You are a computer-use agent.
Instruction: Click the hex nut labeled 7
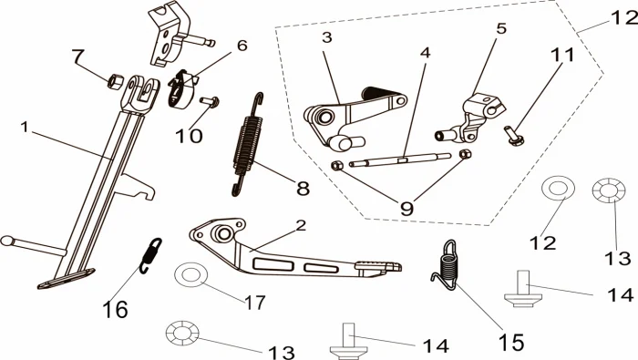click(x=115, y=81)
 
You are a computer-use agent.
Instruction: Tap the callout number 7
click(x=77, y=55)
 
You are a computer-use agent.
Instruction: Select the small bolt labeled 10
click(x=210, y=101)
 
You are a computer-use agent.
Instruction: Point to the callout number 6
click(x=242, y=46)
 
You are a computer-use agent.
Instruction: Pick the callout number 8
click(x=303, y=189)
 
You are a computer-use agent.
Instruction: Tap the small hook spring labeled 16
click(x=149, y=255)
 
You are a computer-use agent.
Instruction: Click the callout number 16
click(x=116, y=310)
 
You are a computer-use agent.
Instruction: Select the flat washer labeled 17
click(x=190, y=275)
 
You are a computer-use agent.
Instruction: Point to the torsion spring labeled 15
click(x=447, y=265)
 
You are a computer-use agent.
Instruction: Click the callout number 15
click(x=511, y=342)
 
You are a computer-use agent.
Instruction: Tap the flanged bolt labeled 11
click(x=514, y=136)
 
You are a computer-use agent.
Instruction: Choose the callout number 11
click(x=562, y=55)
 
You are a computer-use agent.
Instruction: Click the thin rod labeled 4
click(x=400, y=159)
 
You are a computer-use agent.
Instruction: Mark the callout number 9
click(x=406, y=209)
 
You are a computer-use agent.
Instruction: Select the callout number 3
click(x=326, y=37)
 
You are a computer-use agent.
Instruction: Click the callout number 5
click(x=501, y=28)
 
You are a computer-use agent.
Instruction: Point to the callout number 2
click(x=301, y=225)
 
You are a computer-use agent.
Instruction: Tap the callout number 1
click(x=25, y=127)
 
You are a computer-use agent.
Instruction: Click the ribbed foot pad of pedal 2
click(x=378, y=266)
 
